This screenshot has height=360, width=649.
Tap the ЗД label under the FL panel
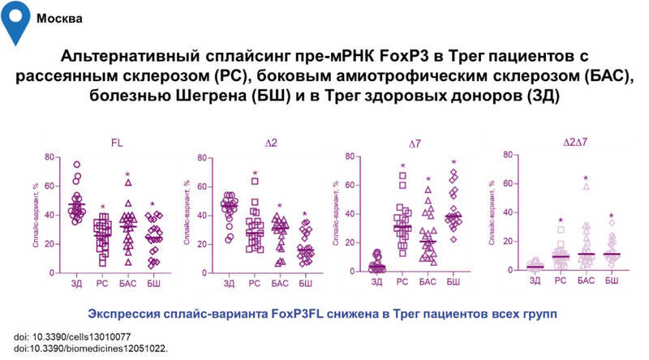click(77, 282)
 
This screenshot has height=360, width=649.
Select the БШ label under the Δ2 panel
click(305, 282)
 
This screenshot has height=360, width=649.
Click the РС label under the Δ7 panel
click(402, 281)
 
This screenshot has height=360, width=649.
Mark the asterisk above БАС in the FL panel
click(127, 174)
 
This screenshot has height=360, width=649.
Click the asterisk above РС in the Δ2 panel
click(256, 174)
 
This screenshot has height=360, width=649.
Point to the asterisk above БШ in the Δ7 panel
click(454, 163)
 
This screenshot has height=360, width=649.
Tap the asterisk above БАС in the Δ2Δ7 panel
click(585, 178)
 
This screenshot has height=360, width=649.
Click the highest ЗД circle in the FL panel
click(77, 165)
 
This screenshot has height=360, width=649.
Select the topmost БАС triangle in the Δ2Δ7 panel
click(585, 186)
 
